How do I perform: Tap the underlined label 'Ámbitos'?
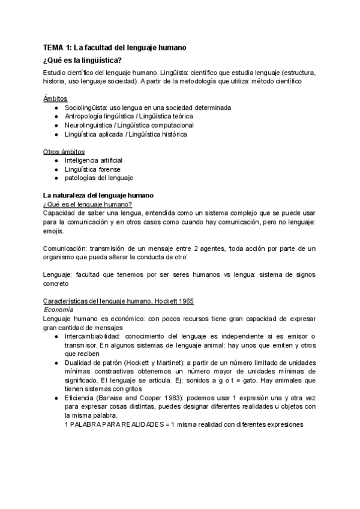coord(55,98)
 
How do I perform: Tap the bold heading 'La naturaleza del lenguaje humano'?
coord(98,196)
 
